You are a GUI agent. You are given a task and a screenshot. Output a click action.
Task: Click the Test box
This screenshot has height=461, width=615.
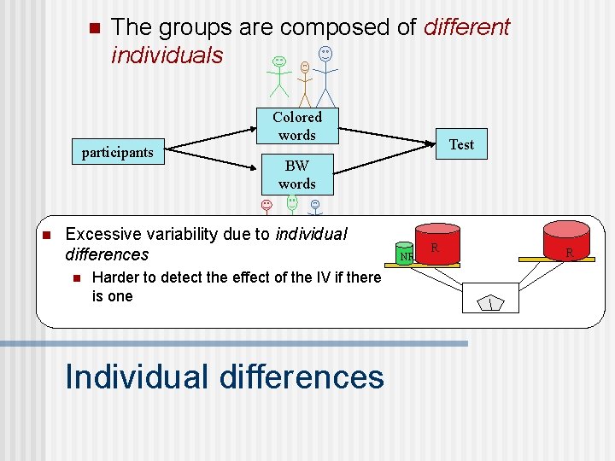coord(461,144)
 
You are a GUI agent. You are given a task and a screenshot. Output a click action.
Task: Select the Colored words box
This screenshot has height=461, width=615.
coord(296,125)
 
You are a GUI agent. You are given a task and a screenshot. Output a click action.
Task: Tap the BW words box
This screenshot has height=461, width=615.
coord(296,174)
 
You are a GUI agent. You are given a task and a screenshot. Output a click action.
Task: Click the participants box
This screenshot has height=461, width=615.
coord(117,153)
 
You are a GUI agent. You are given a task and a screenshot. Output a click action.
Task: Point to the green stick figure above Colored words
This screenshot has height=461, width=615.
coord(279,75)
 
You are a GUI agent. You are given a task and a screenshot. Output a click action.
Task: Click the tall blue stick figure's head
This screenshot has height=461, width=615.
coord(325,53)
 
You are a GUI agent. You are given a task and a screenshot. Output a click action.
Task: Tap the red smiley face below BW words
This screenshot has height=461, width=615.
coord(266,205)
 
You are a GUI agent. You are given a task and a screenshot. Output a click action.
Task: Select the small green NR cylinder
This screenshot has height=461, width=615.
coord(406,253)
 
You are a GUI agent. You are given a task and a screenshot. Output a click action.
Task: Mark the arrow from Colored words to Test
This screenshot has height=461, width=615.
coord(389,134)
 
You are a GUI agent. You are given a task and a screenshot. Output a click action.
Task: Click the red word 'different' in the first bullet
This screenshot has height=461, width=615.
coord(466,27)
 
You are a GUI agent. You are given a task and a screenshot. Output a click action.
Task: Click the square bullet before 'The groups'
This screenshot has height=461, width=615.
coord(93,27)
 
